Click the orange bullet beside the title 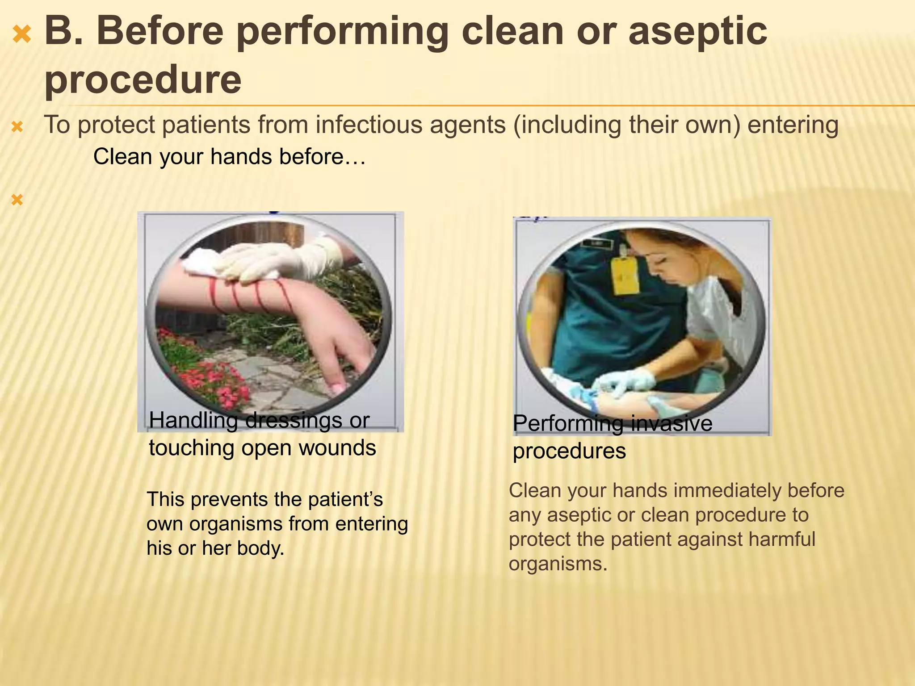pos(22,34)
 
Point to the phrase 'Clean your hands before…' pos(229,157)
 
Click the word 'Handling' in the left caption pos(193,420)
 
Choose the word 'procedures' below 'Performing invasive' pos(569,451)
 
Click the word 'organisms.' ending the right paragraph pos(558,564)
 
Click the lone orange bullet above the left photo pos(17,200)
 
